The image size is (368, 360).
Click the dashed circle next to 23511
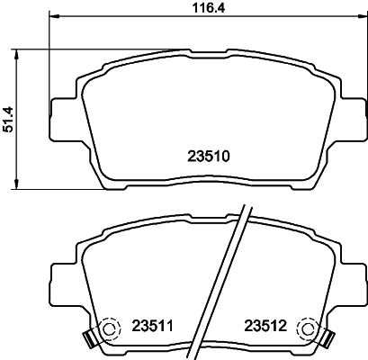[x=109, y=330]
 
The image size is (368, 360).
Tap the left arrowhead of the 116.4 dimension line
[x=53, y=18]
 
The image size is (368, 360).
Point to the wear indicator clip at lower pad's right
[x=326, y=339]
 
